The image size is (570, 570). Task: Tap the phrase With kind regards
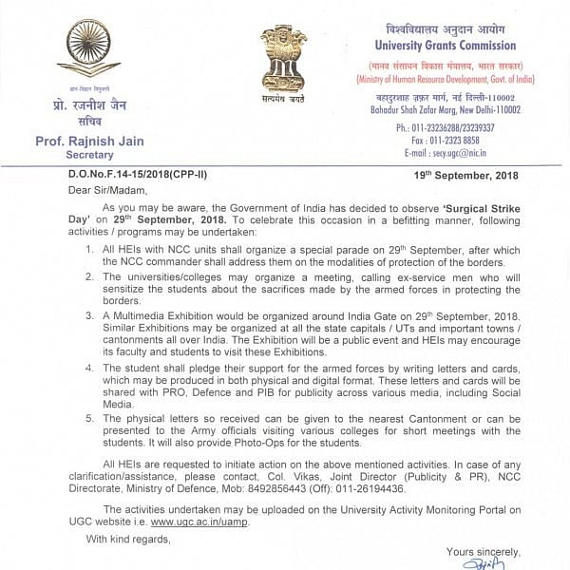tap(127, 540)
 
